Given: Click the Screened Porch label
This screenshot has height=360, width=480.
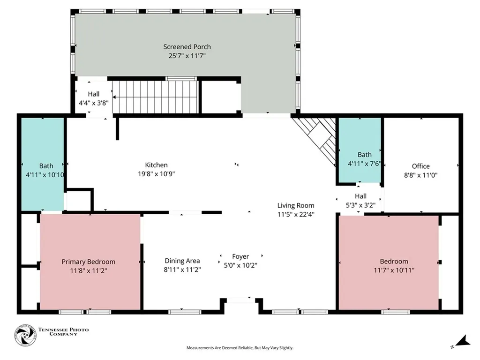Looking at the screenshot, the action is [187, 47].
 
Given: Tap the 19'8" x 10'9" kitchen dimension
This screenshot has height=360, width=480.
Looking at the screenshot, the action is [157, 174].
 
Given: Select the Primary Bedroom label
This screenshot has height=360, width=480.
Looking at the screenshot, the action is [89, 262].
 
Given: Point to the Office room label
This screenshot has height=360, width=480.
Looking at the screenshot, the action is [420, 166].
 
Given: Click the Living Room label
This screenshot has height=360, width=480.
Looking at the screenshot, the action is [296, 205].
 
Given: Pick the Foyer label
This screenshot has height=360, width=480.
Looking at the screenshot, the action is [240, 256].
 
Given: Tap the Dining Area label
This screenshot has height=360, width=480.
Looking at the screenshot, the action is [182, 261].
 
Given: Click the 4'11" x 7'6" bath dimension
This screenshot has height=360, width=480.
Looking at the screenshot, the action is [364, 164].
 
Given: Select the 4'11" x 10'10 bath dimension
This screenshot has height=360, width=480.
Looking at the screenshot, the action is [45, 175].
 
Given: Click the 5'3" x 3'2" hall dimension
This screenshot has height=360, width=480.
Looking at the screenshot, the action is [360, 205].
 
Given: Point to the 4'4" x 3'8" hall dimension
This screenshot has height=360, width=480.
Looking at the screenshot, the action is [94, 103].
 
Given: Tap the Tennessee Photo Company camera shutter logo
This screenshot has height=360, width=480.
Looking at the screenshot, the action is [25, 336].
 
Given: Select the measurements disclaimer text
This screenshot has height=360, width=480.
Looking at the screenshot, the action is [240, 348].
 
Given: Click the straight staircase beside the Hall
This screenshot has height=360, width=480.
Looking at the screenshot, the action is [156, 97].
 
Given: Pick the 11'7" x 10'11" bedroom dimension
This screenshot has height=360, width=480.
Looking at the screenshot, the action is [394, 270].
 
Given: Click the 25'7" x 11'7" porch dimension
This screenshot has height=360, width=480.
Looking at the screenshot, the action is [187, 56].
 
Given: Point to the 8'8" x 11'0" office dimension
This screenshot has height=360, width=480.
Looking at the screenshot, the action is [420, 175].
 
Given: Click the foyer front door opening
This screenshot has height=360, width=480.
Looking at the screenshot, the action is [240, 300].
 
